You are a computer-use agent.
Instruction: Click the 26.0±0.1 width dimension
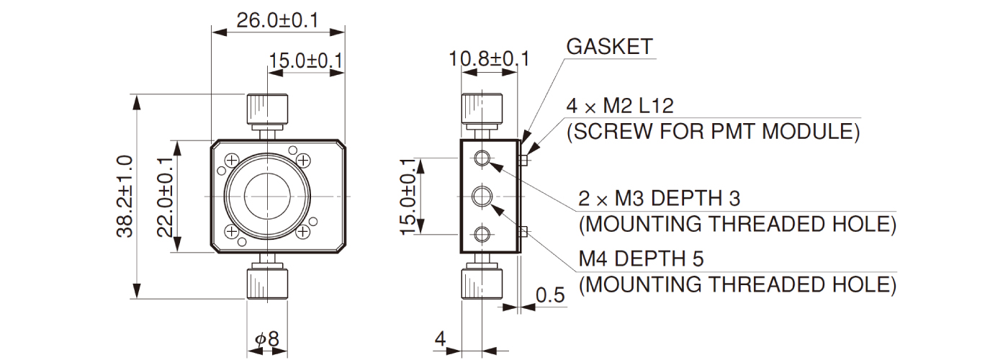(x=276, y=20)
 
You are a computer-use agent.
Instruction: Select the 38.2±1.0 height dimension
(x=123, y=196)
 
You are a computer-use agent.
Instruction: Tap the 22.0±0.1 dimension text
(x=165, y=196)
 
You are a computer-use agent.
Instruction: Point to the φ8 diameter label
(x=267, y=338)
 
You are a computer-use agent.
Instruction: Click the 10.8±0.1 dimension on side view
(x=489, y=58)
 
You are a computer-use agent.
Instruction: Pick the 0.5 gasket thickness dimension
(x=550, y=295)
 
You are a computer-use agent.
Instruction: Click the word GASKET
(x=609, y=47)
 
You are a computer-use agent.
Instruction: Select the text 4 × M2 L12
(x=620, y=107)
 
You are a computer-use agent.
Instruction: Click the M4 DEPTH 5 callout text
(x=642, y=258)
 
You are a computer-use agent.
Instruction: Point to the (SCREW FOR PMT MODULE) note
(x=714, y=132)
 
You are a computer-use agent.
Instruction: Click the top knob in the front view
(x=268, y=109)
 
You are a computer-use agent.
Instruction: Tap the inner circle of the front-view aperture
(x=267, y=196)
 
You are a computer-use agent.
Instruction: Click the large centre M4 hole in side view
(x=482, y=196)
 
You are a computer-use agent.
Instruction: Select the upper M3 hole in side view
(x=482, y=158)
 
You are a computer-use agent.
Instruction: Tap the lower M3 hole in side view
(x=482, y=233)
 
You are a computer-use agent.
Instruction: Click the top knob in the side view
(x=481, y=109)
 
